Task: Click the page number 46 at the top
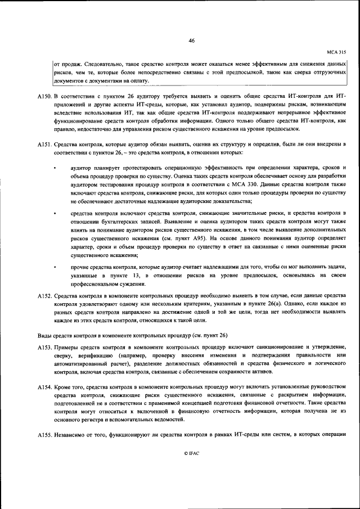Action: tap(191, 40)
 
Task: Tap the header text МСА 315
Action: tap(335, 51)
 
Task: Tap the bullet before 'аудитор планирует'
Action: tap(55, 168)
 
